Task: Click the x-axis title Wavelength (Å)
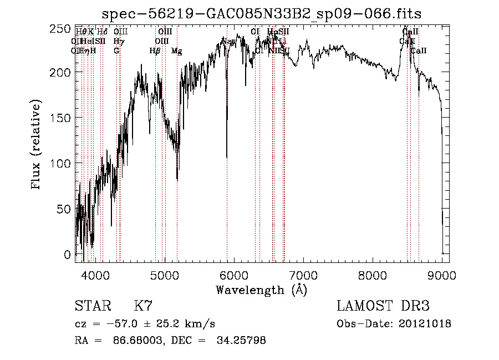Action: (x=261, y=290)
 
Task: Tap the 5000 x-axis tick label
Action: (x=165, y=275)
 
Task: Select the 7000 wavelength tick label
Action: (x=303, y=275)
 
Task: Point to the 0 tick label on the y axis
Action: (x=68, y=255)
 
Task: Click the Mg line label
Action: (x=177, y=51)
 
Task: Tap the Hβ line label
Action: (x=155, y=51)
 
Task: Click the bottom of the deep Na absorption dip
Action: (x=227, y=158)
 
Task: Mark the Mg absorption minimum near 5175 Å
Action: (x=177, y=179)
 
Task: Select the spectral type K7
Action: (x=143, y=306)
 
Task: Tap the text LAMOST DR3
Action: (x=383, y=306)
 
